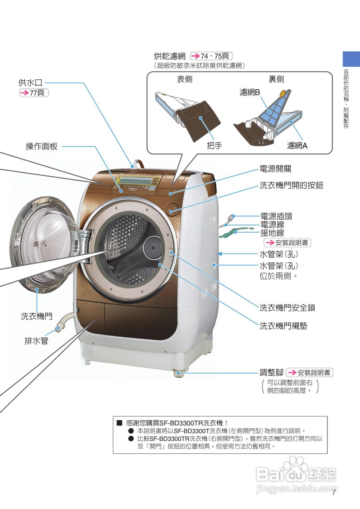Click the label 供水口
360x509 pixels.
(30, 83)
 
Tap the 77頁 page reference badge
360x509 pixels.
(34, 93)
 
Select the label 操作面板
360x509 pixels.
(42, 146)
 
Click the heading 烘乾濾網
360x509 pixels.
(170, 56)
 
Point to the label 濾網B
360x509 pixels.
(249, 92)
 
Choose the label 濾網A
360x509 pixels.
(297, 146)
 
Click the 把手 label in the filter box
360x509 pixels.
(214, 146)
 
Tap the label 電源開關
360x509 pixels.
(275, 169)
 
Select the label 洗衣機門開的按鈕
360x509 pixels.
(291, 185)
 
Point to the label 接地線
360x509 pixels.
(272, 233)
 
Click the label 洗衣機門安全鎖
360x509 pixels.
(287, 307)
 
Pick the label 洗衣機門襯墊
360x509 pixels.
(283, 326)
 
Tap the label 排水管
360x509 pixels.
(36, 341)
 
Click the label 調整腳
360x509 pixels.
(271, 373)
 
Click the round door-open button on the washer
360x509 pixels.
(173, 209)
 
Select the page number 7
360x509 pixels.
(334, 493)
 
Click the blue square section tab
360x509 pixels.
(351, 59)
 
